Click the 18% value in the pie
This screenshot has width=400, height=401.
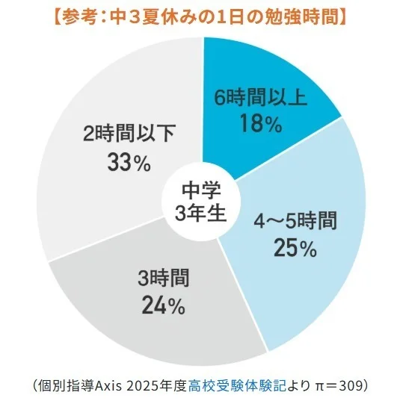point(261,123)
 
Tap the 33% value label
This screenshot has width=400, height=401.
point(129,162)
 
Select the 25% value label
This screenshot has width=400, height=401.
point(295,247)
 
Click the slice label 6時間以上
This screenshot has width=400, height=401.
point(260,98)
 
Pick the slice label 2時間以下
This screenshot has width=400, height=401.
point(129,133)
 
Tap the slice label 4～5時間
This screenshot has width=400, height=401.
point(295,221)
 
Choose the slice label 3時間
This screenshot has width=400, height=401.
point(164,278)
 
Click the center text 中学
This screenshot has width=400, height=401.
point(201,190)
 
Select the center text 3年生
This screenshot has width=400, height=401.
point(201,213)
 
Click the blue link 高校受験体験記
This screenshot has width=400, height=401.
point(237,385)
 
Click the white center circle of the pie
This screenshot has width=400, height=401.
point(201,202)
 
